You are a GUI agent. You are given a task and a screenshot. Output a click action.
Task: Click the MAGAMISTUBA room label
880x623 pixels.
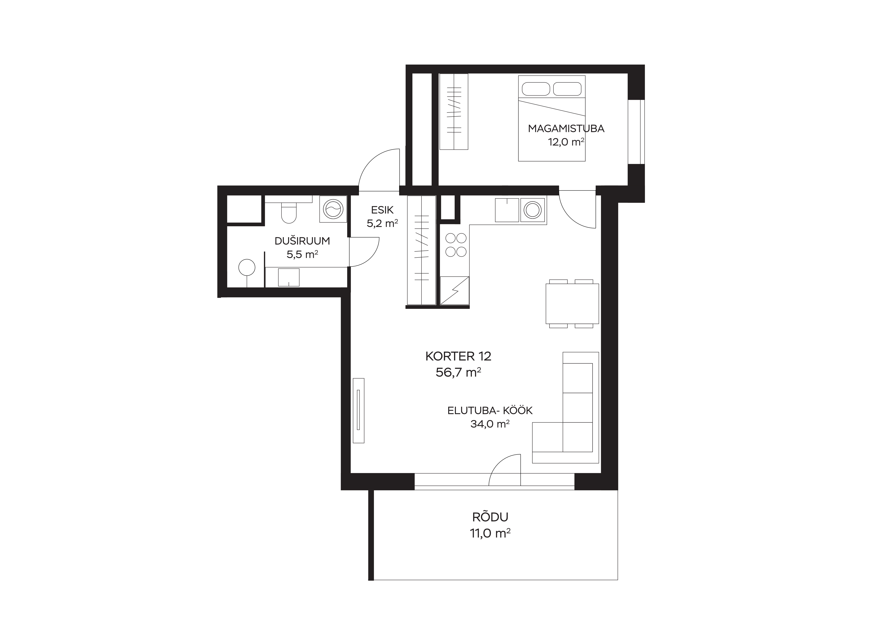coord(566,129)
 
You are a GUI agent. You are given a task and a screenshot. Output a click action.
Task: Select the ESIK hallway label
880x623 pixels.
coord(382,210)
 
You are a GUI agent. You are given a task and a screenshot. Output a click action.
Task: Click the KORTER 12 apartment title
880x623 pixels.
coord(458,356)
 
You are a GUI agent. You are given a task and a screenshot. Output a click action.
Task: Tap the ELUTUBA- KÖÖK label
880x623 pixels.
coord(490,410)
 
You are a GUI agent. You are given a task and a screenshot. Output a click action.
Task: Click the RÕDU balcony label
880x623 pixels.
coord(490,517)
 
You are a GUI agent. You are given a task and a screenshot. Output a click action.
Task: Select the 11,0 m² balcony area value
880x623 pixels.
coord(490,533)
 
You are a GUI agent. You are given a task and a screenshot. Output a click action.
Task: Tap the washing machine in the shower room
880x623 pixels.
coord(333,209)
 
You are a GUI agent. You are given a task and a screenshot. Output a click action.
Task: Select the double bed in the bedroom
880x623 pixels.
coord(551,118)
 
